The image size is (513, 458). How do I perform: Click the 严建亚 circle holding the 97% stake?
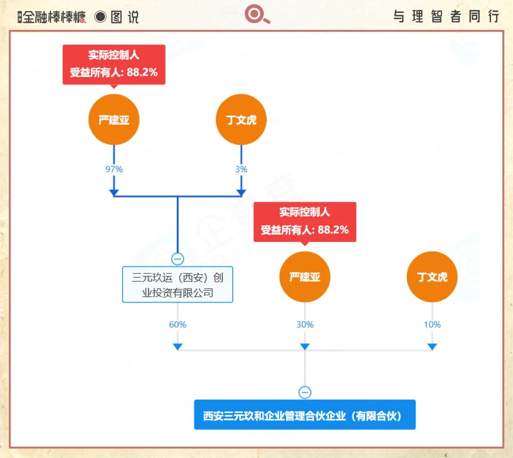point(114,119)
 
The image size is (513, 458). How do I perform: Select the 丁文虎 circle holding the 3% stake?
point(241,119)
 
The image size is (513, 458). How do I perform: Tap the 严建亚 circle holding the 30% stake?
point(304,277)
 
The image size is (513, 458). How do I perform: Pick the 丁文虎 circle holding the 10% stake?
point(432,277)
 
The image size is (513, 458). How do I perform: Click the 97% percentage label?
point(114,169)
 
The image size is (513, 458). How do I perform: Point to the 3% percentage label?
point(241,169)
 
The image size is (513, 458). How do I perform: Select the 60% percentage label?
point(177,324)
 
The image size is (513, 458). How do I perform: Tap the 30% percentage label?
point(304,324)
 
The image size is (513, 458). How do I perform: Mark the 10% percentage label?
point(432,324)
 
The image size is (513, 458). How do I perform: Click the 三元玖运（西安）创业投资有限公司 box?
point(177,284)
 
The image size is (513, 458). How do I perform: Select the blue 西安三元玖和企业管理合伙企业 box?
point(304,414)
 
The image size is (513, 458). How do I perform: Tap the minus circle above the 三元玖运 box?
point(177,259)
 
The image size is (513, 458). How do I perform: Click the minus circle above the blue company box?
point(304,392)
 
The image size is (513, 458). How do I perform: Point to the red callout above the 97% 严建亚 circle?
point(114,65)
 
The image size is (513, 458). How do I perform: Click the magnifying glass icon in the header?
point(257,14)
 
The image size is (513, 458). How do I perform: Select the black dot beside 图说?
point(100,17)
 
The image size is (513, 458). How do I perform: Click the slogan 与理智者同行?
point(446,16)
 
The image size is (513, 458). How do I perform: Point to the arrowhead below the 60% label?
point(177,347)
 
